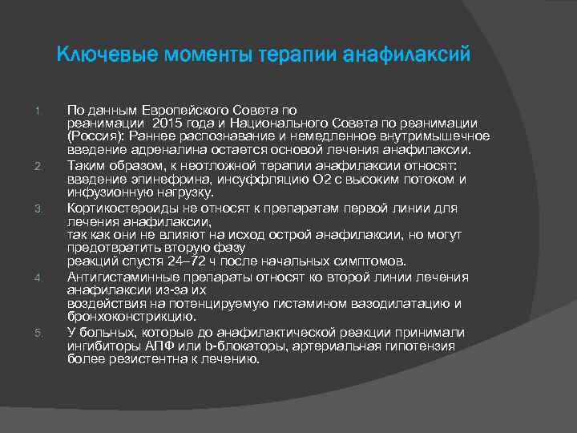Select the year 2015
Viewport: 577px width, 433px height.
point(174,123)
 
